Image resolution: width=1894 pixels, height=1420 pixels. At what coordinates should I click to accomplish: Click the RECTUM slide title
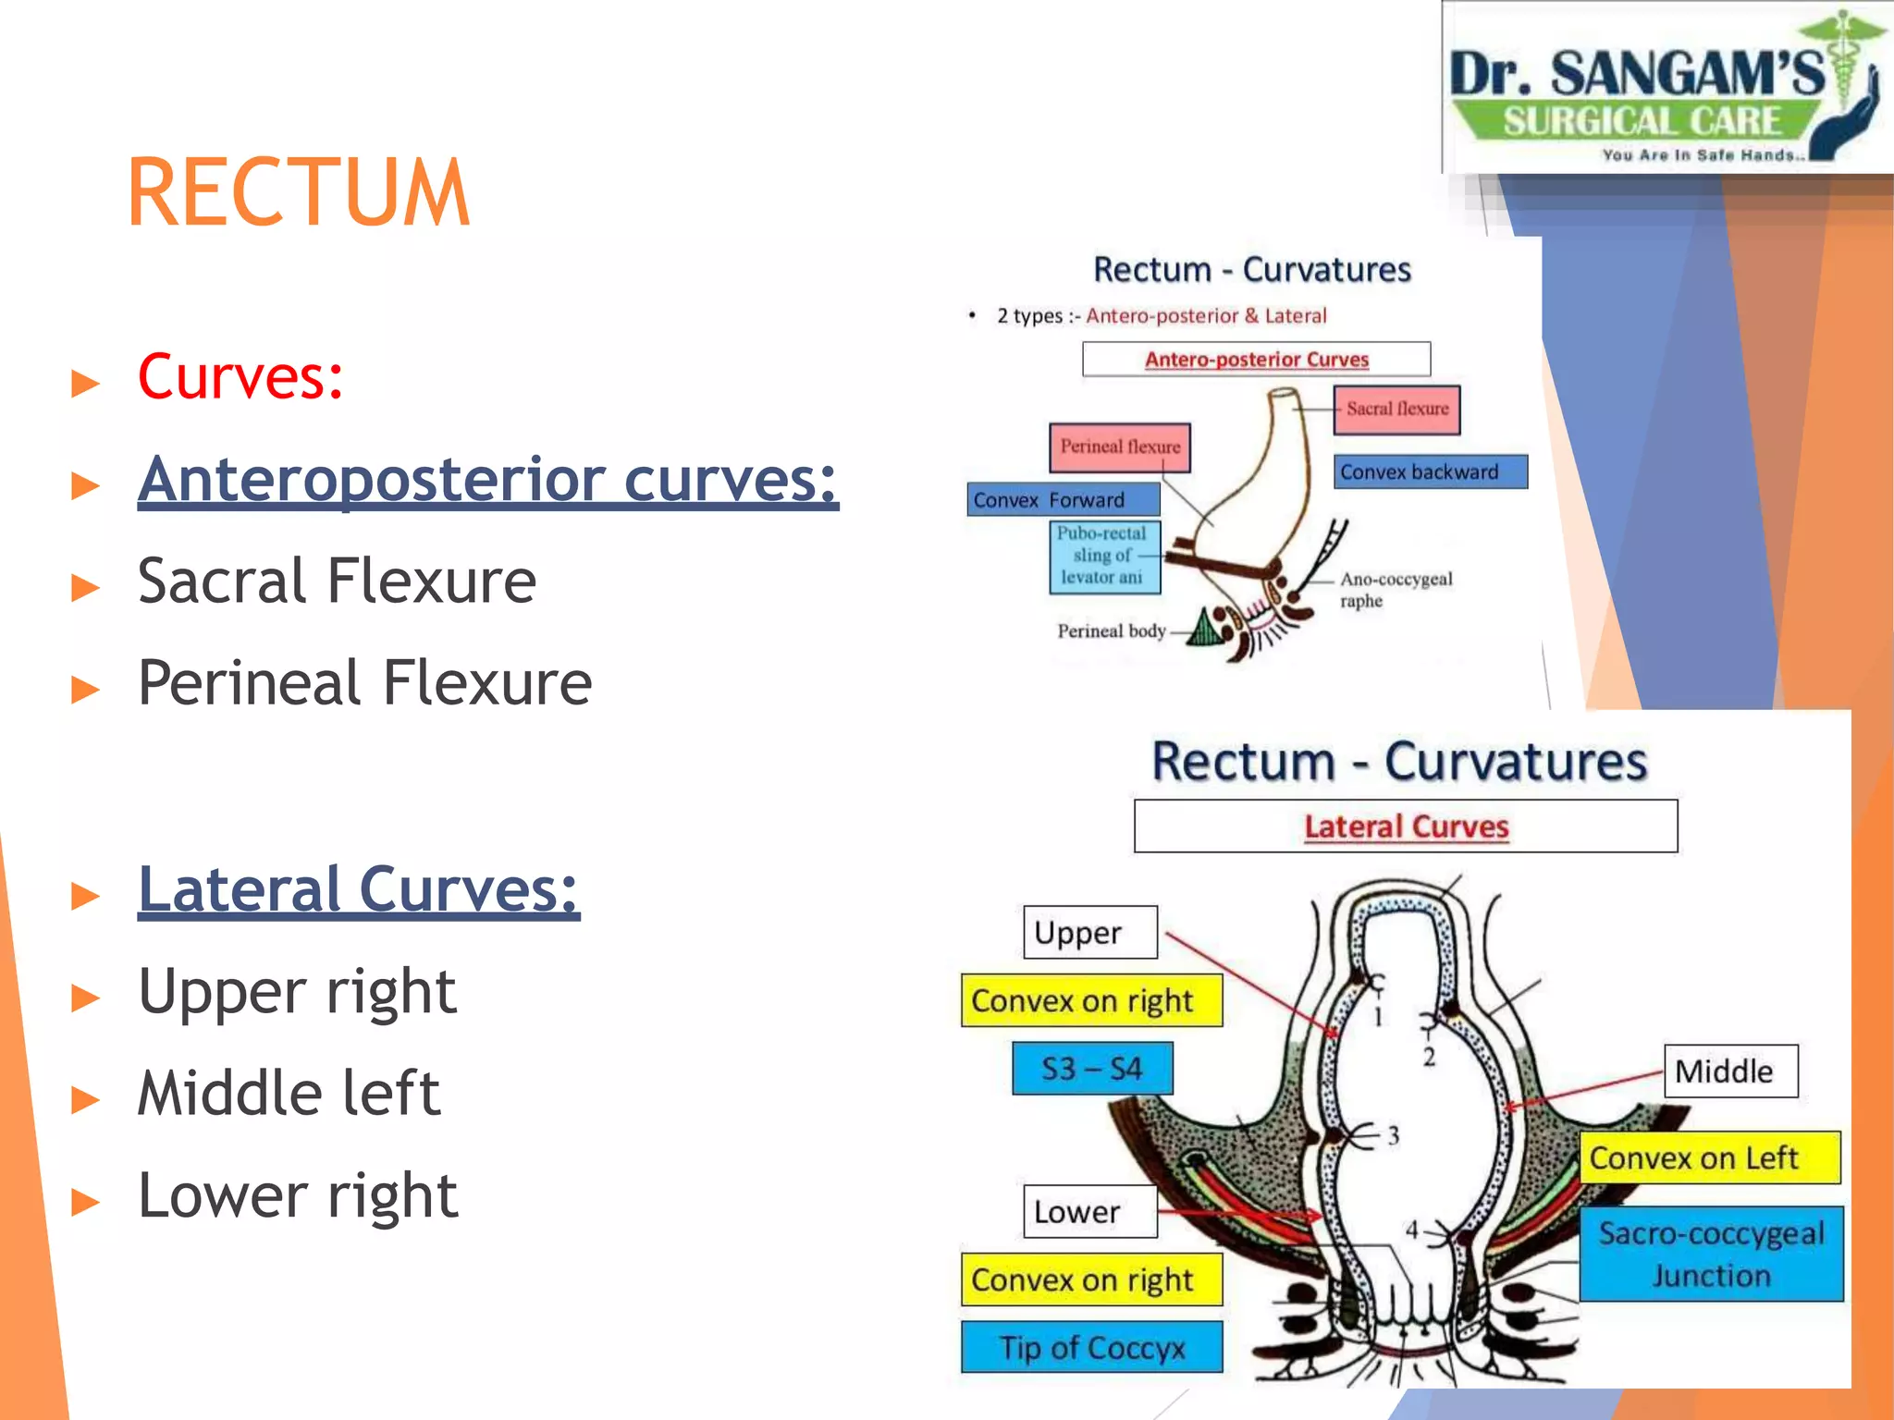(x=298, y=192)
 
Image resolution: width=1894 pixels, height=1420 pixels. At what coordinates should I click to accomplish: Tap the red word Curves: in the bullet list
(x=240, y=377)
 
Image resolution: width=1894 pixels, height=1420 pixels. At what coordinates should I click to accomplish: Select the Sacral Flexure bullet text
(x=337, y=581)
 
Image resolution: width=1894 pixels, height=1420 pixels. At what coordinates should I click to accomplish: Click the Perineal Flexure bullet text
(x=364, y=683)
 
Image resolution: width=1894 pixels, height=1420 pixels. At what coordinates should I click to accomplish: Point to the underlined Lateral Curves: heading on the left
(x=359, y=889)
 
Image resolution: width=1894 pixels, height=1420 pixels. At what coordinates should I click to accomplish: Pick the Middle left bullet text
(x=289, y=1094)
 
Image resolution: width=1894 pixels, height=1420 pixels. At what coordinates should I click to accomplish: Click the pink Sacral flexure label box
(x=1396, y=410)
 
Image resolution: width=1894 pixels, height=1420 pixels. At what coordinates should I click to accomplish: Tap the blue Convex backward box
(x=1429, y=471)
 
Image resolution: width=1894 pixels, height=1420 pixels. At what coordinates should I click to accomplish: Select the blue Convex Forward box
(x=1063, y=499)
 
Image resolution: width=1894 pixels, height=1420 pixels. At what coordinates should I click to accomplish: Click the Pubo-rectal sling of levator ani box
(x=1104, y=556)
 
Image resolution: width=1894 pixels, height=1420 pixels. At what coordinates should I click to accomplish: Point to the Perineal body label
(x=1111, y=631)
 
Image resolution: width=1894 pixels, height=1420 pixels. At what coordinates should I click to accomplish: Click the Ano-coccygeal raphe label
(x=1395, y=589)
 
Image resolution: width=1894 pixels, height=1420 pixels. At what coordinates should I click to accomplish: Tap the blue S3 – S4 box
(x=1092, y=1069)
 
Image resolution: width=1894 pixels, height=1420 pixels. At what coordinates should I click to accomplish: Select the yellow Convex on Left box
(x=1709, y=1157)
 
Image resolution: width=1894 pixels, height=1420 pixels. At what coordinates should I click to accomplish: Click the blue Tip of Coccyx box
(x=1091, y=1347)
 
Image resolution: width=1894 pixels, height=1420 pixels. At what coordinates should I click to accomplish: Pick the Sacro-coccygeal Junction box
(x=1711, y=1254)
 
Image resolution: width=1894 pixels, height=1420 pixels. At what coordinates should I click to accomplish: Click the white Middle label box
(x=1730, y=1071)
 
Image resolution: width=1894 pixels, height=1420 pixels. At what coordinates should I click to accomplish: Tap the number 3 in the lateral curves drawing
(x=1393, y=1136)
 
